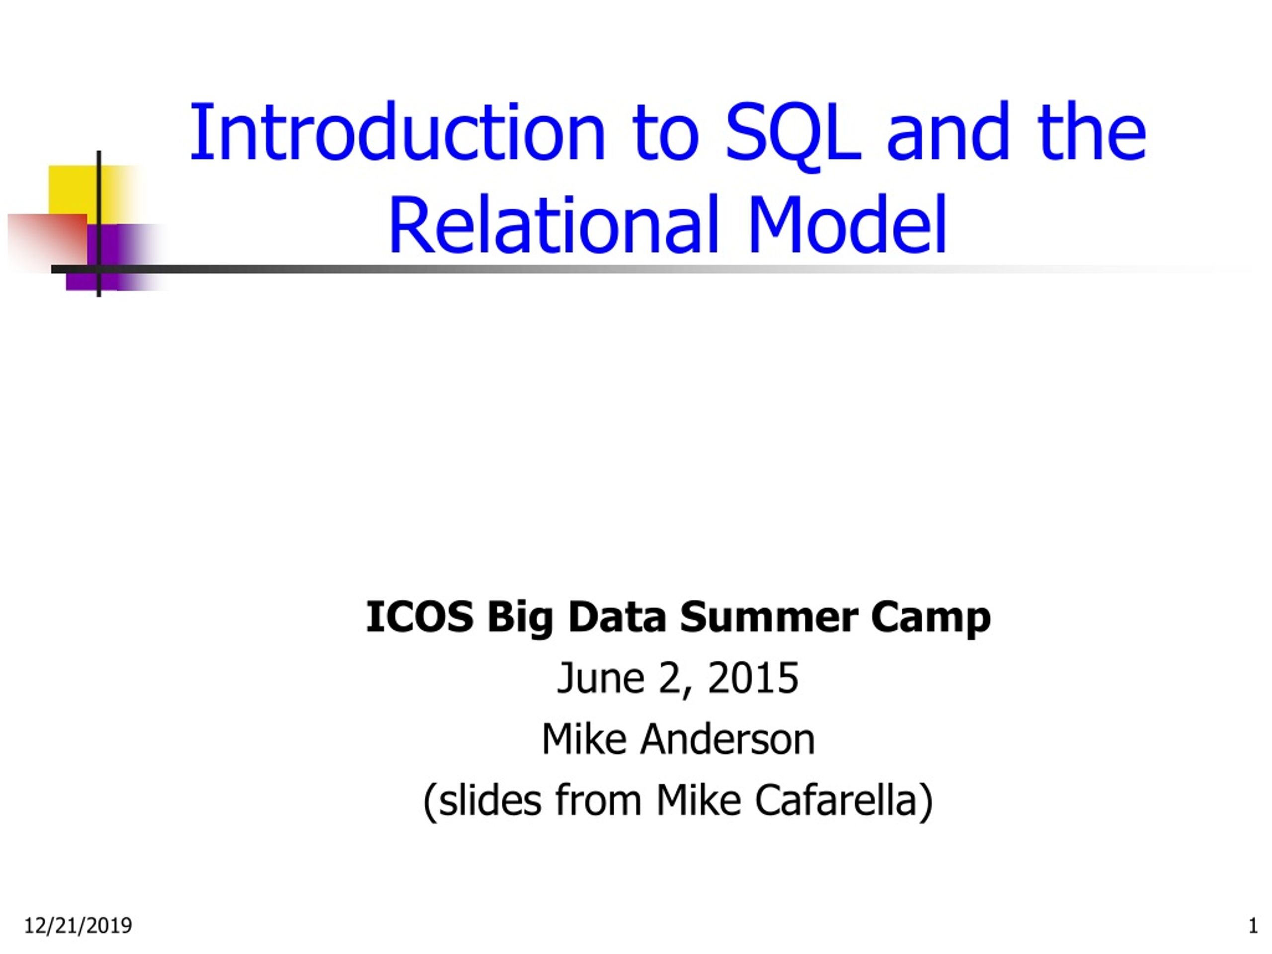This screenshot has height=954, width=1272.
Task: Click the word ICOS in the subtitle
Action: [420, 617]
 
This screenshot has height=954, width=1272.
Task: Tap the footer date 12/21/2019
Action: [78, 926]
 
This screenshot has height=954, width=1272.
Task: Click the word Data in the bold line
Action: [617, 617]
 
